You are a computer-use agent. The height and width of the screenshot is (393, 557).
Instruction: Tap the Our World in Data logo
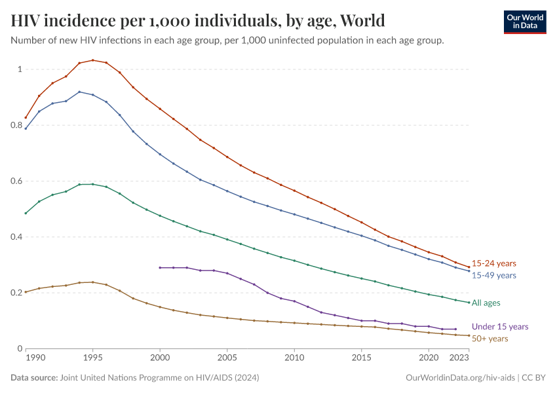[524, 22]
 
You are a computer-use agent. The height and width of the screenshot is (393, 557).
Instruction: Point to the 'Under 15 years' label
[500, 326]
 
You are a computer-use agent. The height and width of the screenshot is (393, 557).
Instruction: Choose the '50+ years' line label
[490, 338]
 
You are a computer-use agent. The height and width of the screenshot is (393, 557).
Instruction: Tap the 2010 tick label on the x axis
[294, 359]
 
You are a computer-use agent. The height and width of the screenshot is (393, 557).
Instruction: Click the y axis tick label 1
[20, 69]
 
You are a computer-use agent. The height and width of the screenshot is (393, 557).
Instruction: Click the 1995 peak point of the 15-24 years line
[92, 60]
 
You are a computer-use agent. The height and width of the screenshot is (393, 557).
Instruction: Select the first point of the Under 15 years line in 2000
[160, 267]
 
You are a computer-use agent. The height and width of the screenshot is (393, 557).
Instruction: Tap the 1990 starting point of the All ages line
[26, 213]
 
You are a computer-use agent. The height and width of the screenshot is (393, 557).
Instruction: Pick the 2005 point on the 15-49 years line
[227, 191]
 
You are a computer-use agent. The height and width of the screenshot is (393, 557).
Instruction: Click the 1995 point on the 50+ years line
[92, 282]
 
